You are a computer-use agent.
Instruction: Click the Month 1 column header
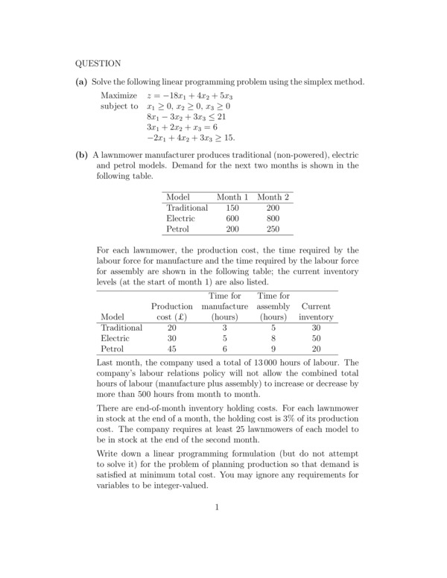(231, 197)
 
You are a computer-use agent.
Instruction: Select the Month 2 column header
(273, 197)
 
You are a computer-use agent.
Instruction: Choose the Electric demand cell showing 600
(232, 219)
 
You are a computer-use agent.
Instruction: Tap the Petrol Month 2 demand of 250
(273, 230)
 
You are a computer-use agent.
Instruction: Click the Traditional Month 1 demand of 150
(232, 208)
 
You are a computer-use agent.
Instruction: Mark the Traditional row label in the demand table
(187, 208)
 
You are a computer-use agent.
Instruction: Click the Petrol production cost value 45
(171, 348)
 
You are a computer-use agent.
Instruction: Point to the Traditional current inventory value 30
(316, 327)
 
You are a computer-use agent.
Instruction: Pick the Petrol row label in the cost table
(112, 348)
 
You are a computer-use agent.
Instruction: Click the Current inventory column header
(316, 311)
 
